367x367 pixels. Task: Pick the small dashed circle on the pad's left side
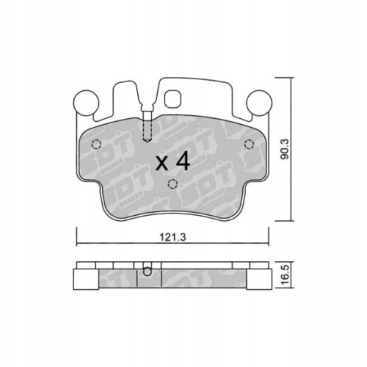(95, 145)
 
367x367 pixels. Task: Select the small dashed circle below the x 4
(172, 185)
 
